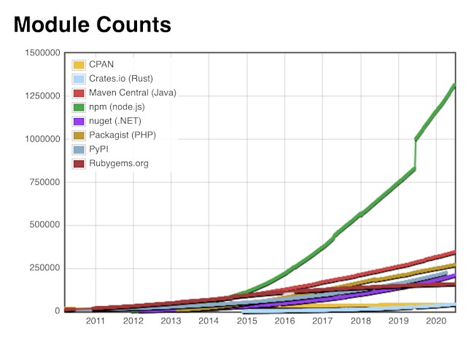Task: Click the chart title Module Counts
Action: pos(92,25)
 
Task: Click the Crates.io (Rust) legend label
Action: pos(120,79)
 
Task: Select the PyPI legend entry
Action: pos(99,149)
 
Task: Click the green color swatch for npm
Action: pos(79,107)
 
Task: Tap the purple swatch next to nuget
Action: pos(79,121)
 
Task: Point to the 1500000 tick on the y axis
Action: pos(42,53)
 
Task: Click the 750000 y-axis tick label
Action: pos(44,182)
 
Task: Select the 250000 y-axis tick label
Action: pos(44,268)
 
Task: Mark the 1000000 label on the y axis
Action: pos(42,139)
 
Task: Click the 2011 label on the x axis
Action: pos(96,321)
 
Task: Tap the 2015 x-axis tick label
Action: pos(246,321)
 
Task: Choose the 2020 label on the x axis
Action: pos(436,321)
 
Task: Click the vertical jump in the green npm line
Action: pos(416,154)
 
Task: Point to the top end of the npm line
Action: pos(454,85)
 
